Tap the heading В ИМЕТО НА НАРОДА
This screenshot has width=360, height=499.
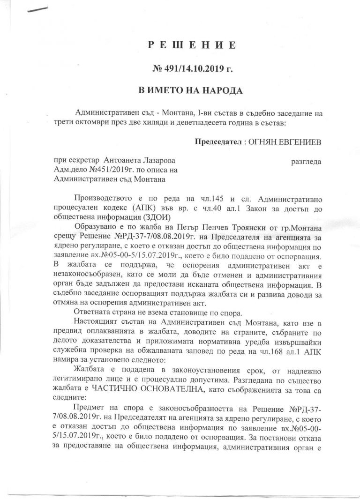tap(187, 89)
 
